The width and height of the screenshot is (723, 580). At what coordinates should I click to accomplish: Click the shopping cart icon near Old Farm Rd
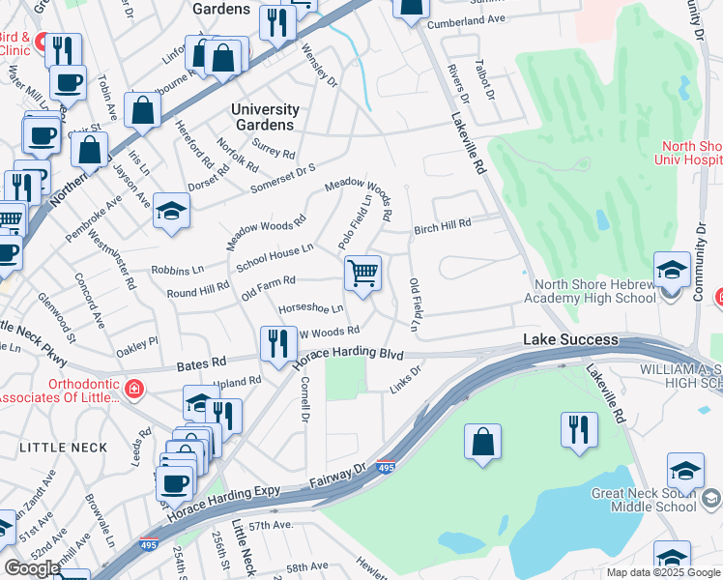pyautogui.click(x=362, y=274)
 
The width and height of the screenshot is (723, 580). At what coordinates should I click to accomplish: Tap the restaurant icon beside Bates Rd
pyautogui.click(x=277, y=344)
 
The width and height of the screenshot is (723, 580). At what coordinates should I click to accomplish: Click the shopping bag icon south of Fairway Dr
pyautogui.click(x=483, y=442)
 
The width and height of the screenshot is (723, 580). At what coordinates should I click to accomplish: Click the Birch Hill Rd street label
pyautogui.click(x=442, y=225)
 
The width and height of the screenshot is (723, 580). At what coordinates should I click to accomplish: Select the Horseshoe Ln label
pyautogui.click(x=310, y=309)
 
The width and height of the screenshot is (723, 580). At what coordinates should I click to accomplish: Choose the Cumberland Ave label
pyautogui.click(x=467, y=19)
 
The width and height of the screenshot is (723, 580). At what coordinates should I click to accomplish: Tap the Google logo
pyautogui.click(x=32, y=567)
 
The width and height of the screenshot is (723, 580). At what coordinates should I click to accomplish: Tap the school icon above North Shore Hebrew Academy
pyautogui.click(x=672, y=270)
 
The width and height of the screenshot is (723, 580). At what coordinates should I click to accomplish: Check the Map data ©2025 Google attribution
pyautogui.click(x=662, y=572)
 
